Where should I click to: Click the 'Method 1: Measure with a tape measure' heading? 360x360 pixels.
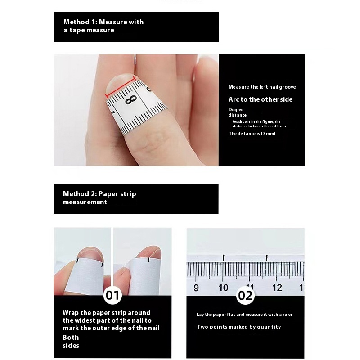point(103,26)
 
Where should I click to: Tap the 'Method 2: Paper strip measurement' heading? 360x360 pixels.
point(99,198)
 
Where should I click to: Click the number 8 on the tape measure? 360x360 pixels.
point(131,99)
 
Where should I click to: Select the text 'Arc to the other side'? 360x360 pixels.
point(261,99)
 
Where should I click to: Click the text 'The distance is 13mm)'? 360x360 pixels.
point(252,133)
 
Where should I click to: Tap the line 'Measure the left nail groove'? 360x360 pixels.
point(262,87)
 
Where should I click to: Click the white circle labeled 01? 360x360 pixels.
point(112,295)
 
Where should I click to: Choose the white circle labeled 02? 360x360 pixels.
point(245,296)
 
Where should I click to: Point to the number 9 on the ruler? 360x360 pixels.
point(196,288)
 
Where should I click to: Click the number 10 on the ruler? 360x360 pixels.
point(223,288)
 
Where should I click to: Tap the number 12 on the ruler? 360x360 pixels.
point(277,288)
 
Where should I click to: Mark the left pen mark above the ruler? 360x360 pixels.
point(223,257)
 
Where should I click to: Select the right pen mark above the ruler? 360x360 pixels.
point(266,257)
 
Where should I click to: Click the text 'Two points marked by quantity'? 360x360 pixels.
point(239,327)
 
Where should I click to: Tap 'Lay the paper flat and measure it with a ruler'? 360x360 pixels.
point(244,315)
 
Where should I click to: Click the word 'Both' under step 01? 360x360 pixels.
point(71,337)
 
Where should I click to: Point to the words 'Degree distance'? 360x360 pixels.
point(238,112)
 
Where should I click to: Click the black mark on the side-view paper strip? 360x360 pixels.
point(148,260)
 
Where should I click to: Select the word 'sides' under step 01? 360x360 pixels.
point(71,346)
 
